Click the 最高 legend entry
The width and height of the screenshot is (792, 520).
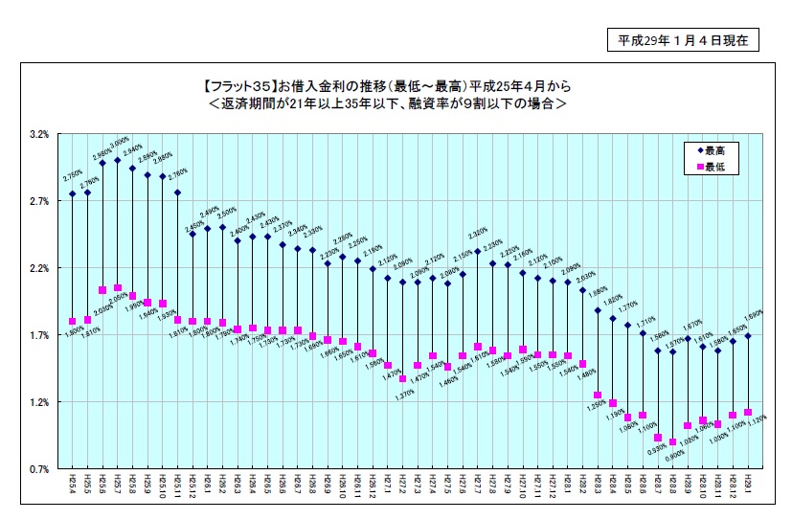pos(713,151)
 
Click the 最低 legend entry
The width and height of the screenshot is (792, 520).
pos(713,168)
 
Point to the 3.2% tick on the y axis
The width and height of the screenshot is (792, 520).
pos(38,134)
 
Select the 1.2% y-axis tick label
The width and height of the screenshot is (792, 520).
pos(38,402)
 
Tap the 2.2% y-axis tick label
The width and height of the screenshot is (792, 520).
pos(38,268)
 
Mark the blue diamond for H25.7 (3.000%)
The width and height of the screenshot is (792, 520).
pos(117,160)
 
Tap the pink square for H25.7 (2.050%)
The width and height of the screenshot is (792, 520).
pos(117,287)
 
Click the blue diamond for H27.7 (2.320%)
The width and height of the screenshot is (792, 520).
pos(477,251)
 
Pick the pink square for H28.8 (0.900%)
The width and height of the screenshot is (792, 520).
pos(672,441)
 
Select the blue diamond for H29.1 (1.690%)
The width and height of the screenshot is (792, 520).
pos(747,336)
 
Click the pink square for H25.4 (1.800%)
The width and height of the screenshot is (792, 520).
pos(72,321)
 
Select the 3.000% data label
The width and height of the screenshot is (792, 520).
pos(120,142)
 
